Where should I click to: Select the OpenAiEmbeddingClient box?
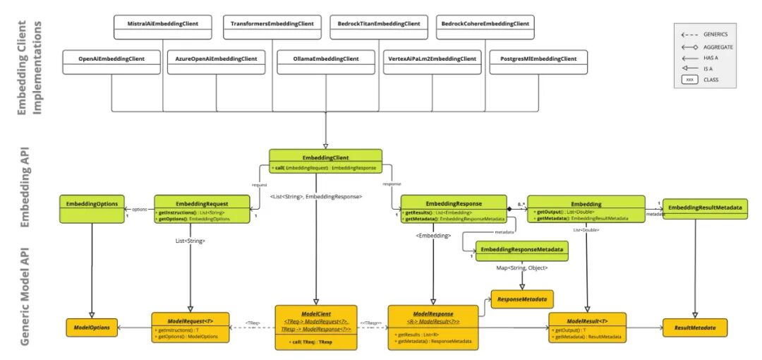[111, 59]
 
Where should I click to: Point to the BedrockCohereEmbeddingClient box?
[485, 24]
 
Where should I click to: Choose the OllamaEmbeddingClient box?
[326, 59]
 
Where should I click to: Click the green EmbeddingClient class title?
[325, 157]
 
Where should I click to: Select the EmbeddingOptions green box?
[92, 204]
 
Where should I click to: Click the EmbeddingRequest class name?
[201, 203]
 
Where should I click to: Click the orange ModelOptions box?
[91, 328]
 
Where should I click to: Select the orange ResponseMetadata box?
[522, 299]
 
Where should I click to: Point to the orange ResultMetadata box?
[694, 328]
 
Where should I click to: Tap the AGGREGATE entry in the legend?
[716, 47]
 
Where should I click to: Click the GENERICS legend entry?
[715, 34]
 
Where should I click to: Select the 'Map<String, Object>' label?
[521, 268]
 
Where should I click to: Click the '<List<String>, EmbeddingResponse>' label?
[316, 196]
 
